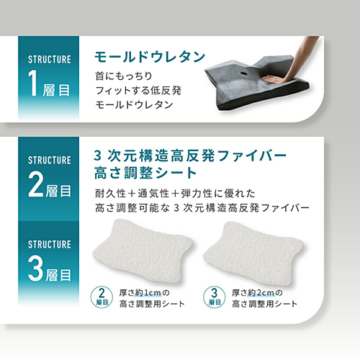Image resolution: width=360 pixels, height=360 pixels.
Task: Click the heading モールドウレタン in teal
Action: point(150,57)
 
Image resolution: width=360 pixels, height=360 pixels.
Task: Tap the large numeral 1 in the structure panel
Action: point(34,83)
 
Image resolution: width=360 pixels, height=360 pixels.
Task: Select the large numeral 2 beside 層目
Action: point(36,185)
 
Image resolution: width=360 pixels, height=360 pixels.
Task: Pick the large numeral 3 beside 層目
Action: point(36,269)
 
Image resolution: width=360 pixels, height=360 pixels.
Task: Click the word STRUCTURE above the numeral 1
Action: point(50,60)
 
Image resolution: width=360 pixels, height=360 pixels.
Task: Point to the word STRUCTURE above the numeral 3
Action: point(50,244)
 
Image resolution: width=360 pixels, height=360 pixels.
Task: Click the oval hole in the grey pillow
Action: point(244,73)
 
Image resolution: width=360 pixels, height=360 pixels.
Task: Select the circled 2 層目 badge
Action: point(102,297)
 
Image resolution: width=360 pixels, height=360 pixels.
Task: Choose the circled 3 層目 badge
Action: point(214,297)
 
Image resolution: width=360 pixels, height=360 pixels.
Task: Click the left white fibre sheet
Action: point(143,251)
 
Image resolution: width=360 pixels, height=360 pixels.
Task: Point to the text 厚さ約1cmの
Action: point(145,293)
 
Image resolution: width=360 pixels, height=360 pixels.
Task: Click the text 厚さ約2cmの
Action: point(257,293)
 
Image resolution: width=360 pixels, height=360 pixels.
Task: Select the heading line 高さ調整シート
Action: point(145,173)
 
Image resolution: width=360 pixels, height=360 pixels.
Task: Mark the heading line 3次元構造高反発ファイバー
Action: point(190,156)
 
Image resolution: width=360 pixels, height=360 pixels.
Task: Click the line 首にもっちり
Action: point(124,76)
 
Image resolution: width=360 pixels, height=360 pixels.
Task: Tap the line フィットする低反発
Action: point(138,91)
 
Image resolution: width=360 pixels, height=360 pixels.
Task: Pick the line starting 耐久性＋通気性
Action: point(175,194)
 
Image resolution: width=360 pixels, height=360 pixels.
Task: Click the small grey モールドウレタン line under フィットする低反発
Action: point(134,105)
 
